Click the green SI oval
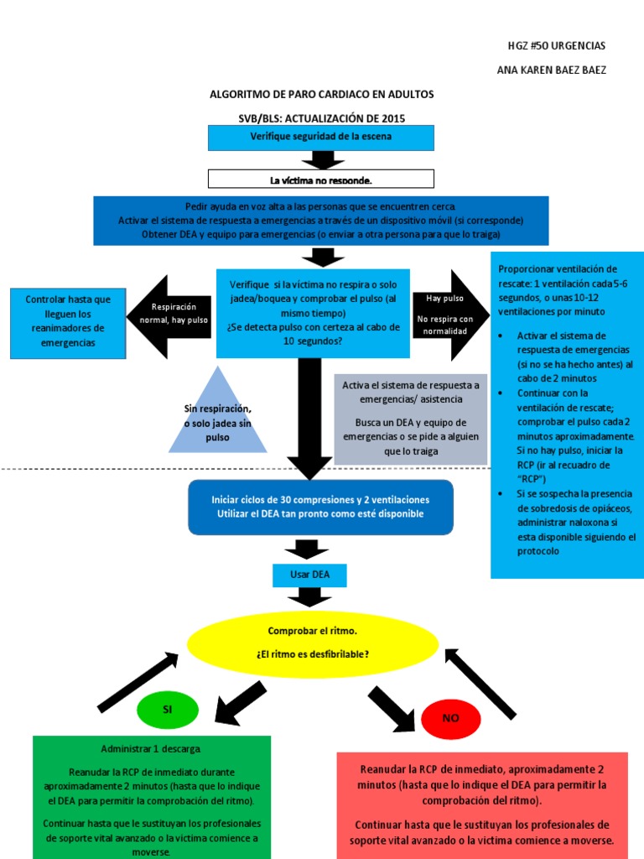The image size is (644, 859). click(x=167, y=710)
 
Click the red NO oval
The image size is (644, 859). click(x=450, y=718)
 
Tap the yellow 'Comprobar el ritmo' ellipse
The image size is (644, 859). click(x=312, y=643)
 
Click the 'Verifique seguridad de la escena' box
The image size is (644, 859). click(x=321, y=137)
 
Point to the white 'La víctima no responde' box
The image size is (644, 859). click(x=321, y=180)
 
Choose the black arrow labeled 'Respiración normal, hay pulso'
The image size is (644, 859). click(x=169, y=314)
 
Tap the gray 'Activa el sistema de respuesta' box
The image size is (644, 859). click(x=411, y=419)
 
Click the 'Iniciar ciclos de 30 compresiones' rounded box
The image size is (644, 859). click(x=321, y=507)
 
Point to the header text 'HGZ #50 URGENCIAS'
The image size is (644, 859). click(x=569, y=45)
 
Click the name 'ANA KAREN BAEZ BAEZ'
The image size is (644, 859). click(x=551, y=70)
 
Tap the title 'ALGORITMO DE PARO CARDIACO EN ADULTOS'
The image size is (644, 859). click(x=322, y=94)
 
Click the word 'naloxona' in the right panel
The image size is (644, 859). click(x=593, y=522)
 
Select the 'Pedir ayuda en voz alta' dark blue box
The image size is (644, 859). click(x=321, y=220)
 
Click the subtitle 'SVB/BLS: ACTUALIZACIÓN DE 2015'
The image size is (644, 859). click(x=322, y=118)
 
